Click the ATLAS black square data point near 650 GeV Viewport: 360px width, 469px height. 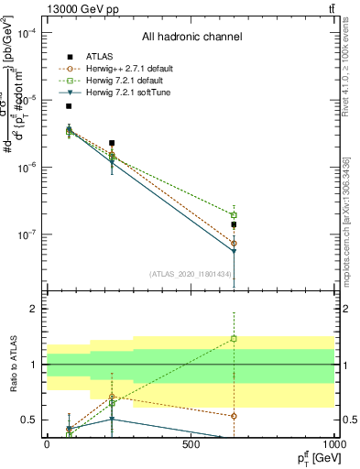coord(234,224)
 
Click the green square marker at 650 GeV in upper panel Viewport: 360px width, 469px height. coord(234,215)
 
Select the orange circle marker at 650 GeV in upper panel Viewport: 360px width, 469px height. coord(234,243)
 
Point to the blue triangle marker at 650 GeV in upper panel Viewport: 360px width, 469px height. coord(234,252)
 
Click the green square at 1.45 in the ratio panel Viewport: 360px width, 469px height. coord(234,339)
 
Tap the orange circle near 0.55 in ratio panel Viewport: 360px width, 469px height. coord(234,416)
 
